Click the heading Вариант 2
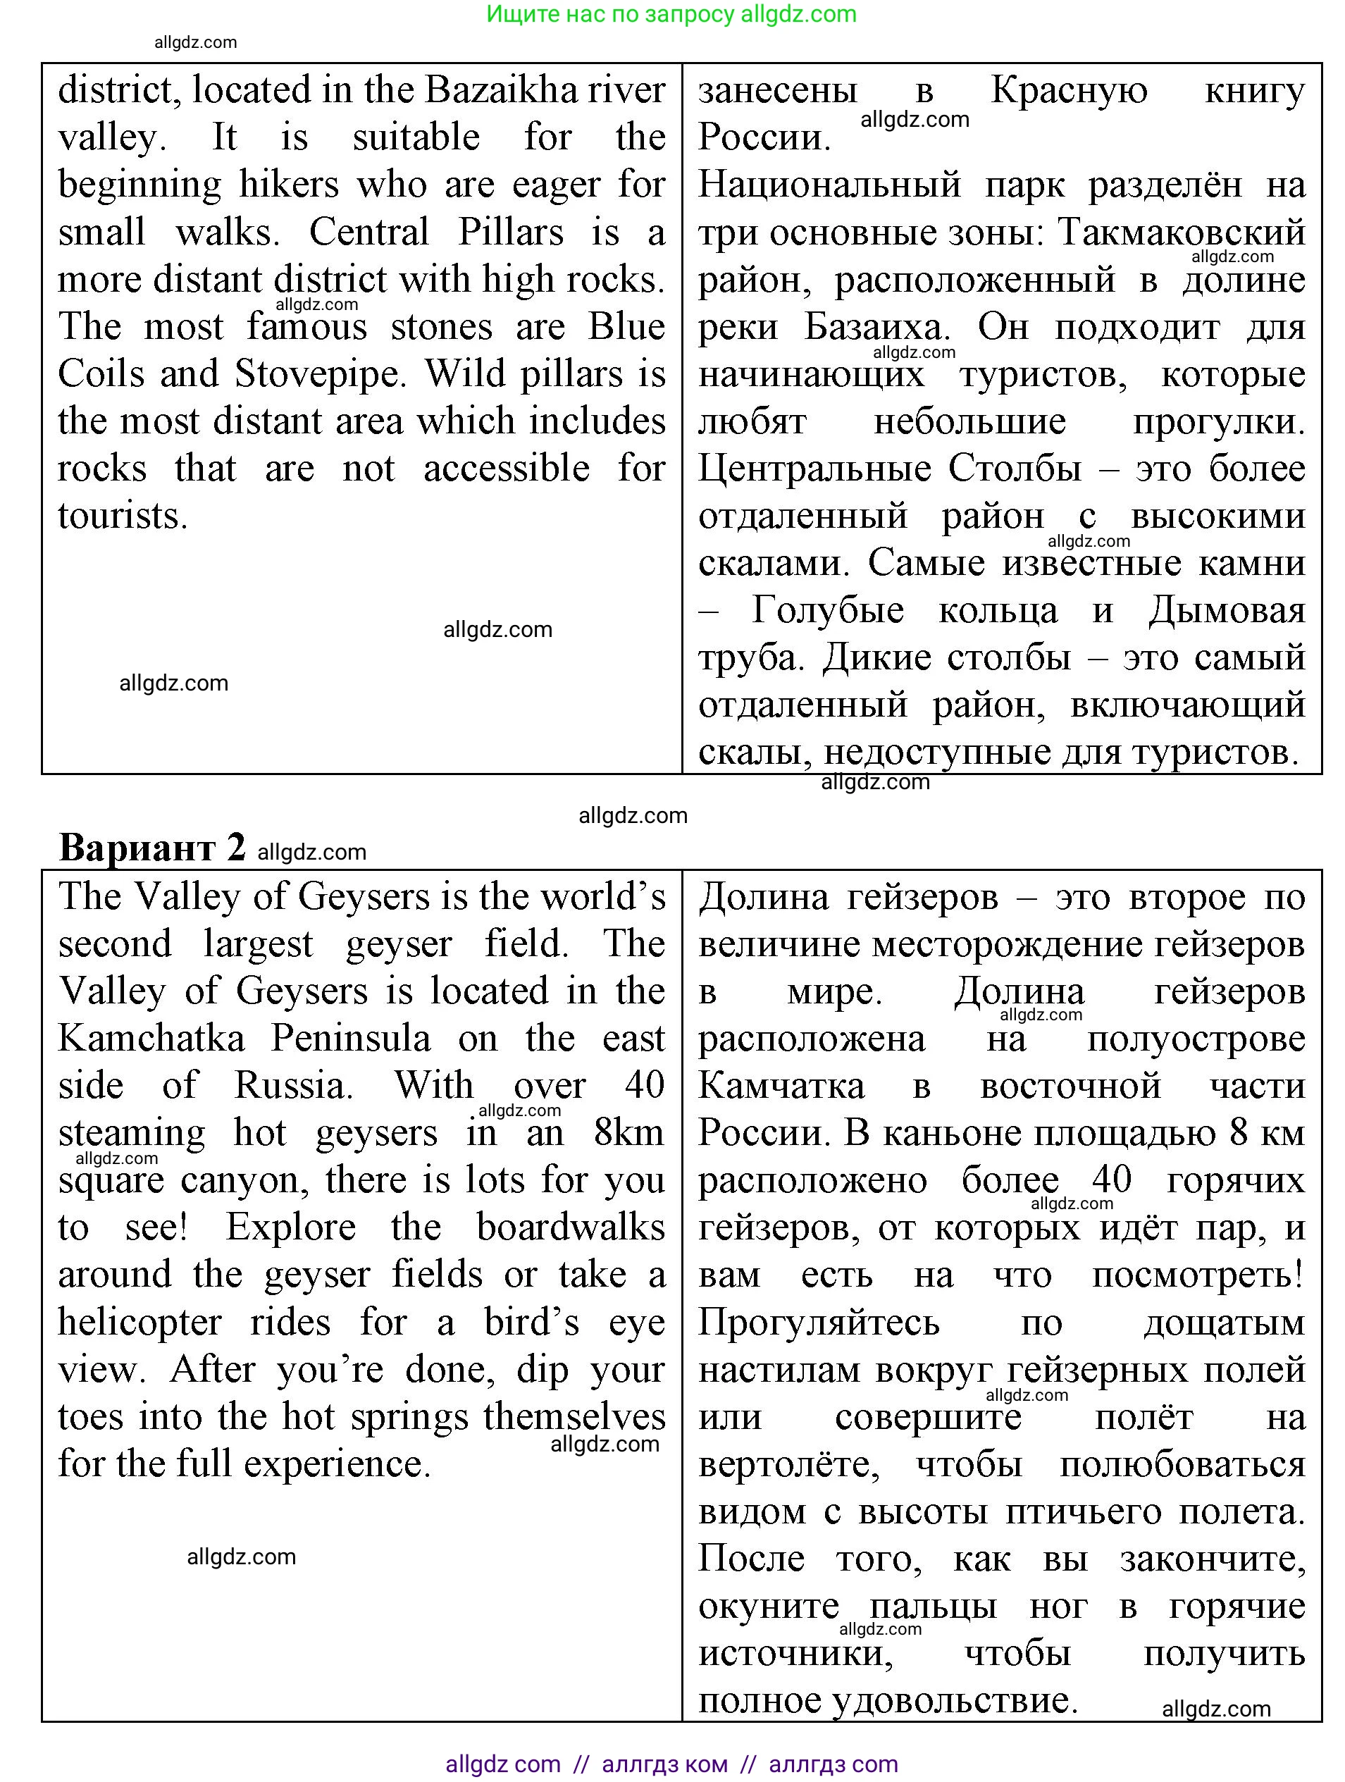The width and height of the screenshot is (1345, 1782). pos(151,848)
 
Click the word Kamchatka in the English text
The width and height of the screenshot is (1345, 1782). pos(151,1039)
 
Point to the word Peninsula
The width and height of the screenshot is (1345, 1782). pos(350,1039)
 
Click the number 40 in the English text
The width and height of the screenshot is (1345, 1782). pos(644,1085)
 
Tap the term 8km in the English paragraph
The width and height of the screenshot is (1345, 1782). pos(629,1132)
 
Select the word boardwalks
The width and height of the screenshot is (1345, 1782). pos(570,1227)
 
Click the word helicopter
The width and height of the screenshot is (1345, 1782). pos(140,1323)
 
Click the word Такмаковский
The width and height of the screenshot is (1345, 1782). pos(1181,233)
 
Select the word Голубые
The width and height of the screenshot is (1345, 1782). pos(827,611)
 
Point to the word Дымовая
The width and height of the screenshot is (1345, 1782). pos(1226,611)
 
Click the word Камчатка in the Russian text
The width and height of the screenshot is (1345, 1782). pos(781,1086)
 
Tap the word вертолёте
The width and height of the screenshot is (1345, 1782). pos(788,1465)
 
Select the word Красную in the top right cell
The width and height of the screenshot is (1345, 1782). pos(1068,90)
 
